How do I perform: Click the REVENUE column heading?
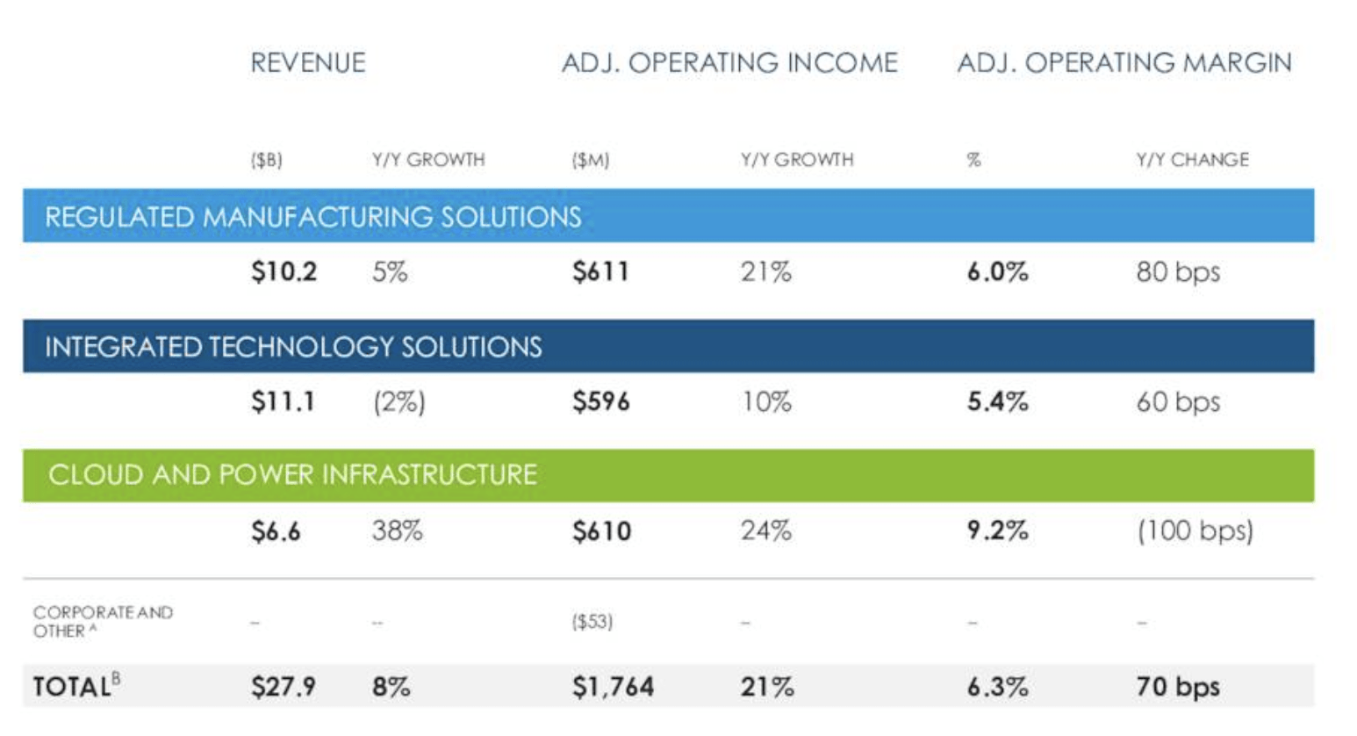[308, 63]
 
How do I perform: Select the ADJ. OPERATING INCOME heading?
[730, 63]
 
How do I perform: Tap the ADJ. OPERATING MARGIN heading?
[1125, 63]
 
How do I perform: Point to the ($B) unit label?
[267, 160]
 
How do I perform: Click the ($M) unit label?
[591, 160]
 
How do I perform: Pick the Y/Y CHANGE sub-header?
[1192, 160]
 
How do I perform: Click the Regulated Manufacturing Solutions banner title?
[313, 217]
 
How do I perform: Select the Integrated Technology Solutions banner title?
[293, 347]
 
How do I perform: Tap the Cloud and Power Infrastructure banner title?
[292, 474]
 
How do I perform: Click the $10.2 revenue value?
[284, 271]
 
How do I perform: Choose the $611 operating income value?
[601, 271]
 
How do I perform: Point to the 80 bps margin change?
[1178, 272]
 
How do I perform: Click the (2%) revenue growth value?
[399, 402]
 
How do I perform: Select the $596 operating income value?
[601, 401]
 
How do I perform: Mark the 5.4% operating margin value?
[998, 401]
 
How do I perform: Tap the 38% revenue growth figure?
[398, 531]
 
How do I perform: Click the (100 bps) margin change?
[1195, 531]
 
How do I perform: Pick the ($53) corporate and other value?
[592, 622]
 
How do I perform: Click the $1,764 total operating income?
[613, 687]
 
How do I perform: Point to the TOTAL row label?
[76, 686]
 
